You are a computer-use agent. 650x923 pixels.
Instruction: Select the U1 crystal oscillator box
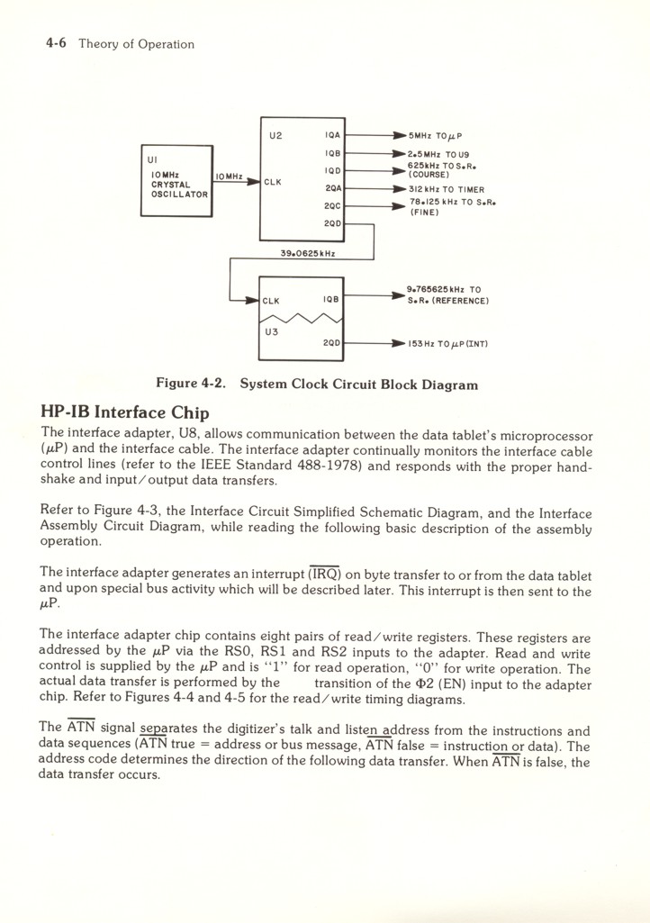coord(176,180)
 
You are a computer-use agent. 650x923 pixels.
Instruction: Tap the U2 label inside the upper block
coord(275,136)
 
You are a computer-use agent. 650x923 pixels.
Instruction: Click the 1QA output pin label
coord(332,136)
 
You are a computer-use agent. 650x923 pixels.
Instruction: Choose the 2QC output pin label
coord(332,205)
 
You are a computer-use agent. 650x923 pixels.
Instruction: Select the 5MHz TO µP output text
coord(435,136)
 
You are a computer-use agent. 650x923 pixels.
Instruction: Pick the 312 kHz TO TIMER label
coord(446,189)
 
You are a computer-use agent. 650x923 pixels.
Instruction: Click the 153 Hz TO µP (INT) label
coord(447,342)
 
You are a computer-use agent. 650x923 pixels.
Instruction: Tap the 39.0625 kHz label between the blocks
coord(284,254)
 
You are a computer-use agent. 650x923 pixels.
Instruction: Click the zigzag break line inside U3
coord(302,316)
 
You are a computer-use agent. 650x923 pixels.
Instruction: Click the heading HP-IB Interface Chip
coord(125,412)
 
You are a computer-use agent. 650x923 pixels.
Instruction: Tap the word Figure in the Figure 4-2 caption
coord(177,384)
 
